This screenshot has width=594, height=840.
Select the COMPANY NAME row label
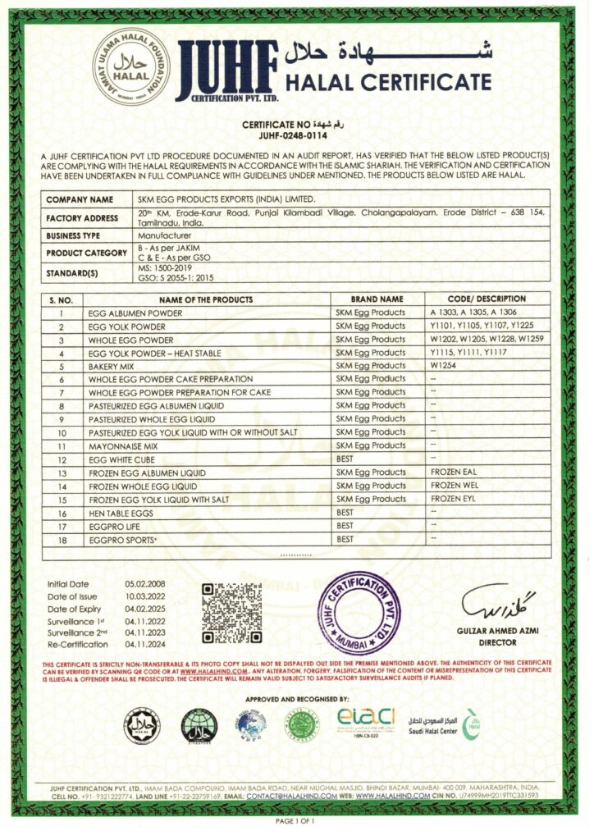coord(80,199)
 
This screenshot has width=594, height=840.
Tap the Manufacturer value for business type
coord(164,235)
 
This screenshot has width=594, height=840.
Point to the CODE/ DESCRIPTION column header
coord(487,299)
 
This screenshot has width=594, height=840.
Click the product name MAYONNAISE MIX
coord(123,445)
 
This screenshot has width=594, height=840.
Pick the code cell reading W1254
coord(444,366)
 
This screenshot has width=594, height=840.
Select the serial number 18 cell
coord(62,539)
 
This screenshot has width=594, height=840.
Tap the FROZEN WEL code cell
coord(454,486)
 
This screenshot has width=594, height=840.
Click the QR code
coord(231,613)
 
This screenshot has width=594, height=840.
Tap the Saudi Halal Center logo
coord(443,724)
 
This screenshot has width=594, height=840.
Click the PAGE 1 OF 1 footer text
coord(296,820)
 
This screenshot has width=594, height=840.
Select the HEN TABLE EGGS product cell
coord(121,512)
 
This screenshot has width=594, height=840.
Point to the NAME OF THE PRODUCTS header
coord(206,299)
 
